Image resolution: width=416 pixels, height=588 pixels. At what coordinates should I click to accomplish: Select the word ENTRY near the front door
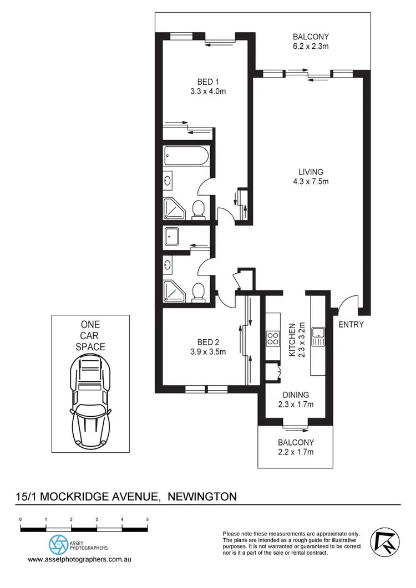[351, 324]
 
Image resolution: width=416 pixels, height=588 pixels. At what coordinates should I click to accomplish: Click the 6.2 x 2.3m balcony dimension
[311, 47]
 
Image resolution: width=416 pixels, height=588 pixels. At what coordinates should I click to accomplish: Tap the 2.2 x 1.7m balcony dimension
[296, 452]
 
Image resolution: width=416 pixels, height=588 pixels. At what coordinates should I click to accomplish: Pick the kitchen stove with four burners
[273, 338]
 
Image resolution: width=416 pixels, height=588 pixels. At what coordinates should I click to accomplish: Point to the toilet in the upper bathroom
[197, 209]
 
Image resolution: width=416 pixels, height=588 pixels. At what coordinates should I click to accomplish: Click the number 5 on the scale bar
[147, 519]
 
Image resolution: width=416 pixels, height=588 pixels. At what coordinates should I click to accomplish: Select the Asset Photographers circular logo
[57, 544]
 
